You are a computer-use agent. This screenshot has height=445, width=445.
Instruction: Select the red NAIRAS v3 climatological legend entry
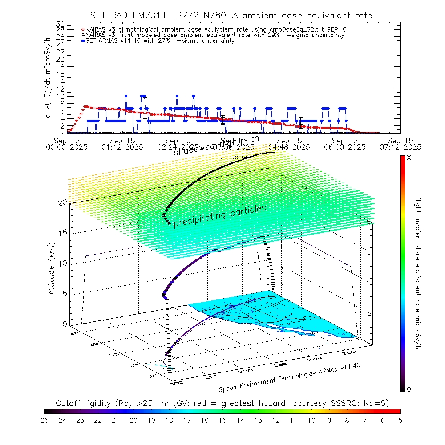pos(214,29)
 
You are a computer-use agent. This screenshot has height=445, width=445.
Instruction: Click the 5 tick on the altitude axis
pos(63,294)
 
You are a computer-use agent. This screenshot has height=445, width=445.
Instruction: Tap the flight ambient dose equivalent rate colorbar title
pos(418,273)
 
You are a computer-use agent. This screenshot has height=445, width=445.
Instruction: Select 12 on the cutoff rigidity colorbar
pos(275,420)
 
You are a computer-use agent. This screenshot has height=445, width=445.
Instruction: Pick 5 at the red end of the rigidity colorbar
pos(400,420)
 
